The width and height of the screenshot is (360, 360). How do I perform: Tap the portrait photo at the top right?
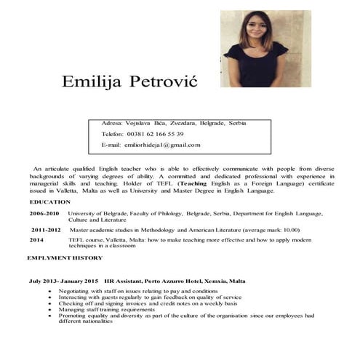click(x=265, y=49)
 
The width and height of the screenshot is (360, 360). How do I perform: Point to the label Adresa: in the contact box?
click(x=112, y=123)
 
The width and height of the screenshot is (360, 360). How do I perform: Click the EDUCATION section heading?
click(x=50, y=201)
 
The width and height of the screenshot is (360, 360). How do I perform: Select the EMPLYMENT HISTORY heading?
click(x=65, y=258)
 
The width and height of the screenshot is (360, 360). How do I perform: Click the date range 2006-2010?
click(x=44, y=214)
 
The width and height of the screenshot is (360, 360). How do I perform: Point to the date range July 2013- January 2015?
click(x=64, y=280)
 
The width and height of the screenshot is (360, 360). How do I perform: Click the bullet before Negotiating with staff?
click(x=49, y=290)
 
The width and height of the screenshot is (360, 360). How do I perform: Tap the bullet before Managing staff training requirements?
click(x=49, y=309)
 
